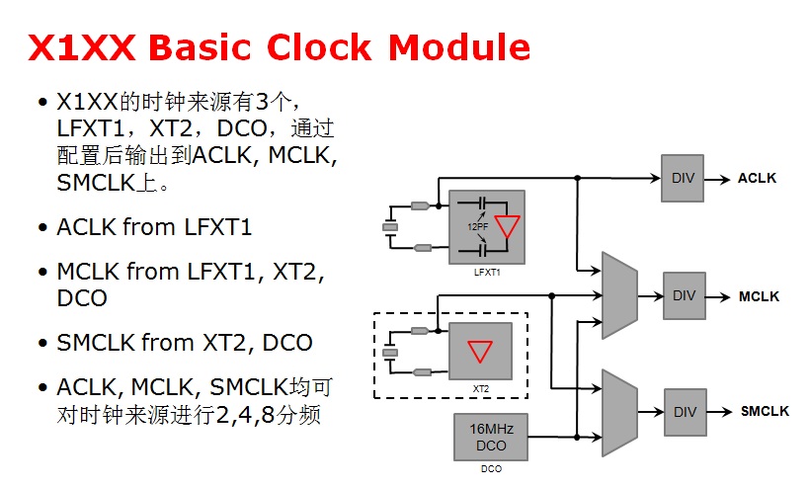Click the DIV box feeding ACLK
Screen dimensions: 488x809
coord(683,178)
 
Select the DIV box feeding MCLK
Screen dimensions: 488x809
coord(685,295)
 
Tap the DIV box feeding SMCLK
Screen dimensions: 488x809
coord(685,410)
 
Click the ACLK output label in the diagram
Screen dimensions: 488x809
coord(757,179)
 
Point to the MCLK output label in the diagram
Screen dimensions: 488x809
coord(759,296)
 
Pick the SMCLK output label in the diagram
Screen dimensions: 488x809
coord(765,411)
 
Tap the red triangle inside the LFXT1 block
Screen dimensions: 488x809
coord(508,225)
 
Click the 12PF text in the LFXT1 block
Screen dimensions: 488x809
coord(477,227)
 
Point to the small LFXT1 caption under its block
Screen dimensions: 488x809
coord(486,272)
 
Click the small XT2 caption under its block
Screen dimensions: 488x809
coord(481,389)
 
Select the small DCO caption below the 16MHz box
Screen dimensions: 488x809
coord(491,469)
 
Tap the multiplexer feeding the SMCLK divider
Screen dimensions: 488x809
coord(618,407)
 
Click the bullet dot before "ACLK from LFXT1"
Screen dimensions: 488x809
coord(41,228)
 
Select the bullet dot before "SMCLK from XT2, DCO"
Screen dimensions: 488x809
coord(41,344)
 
